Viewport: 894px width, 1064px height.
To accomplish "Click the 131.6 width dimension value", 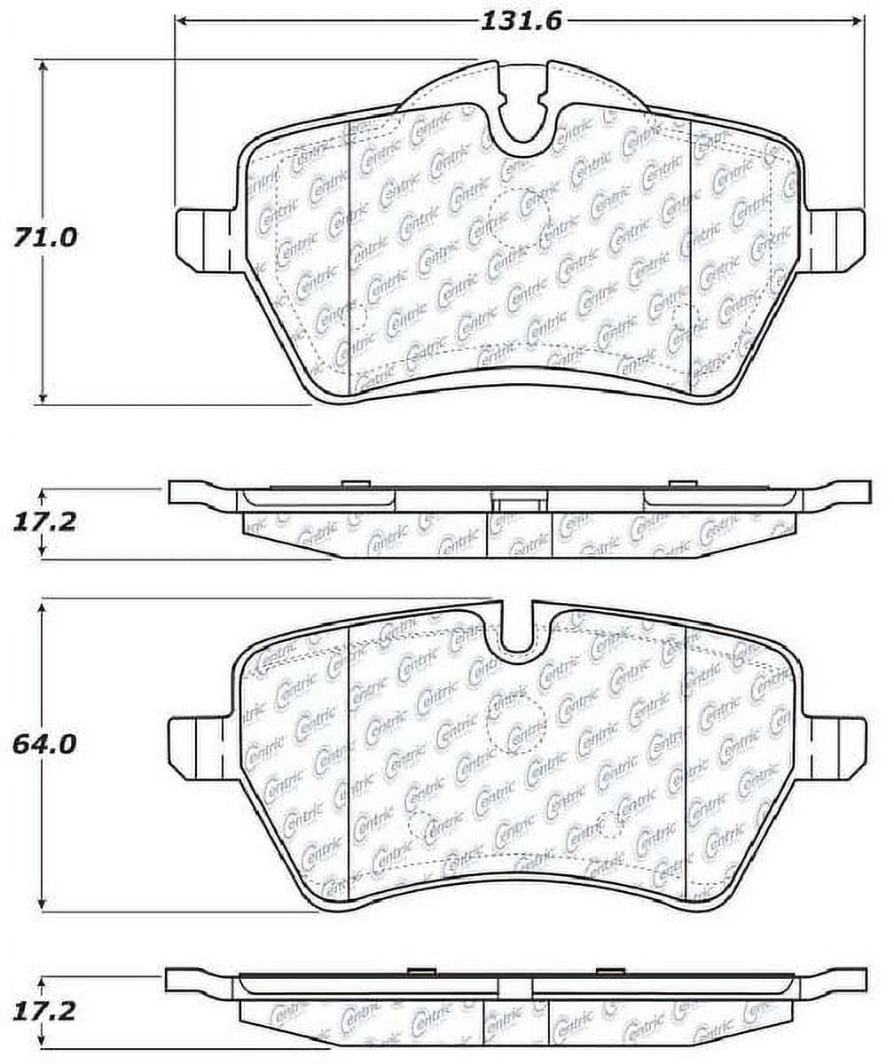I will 521,21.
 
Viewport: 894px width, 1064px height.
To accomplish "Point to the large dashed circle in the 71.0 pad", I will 520,218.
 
